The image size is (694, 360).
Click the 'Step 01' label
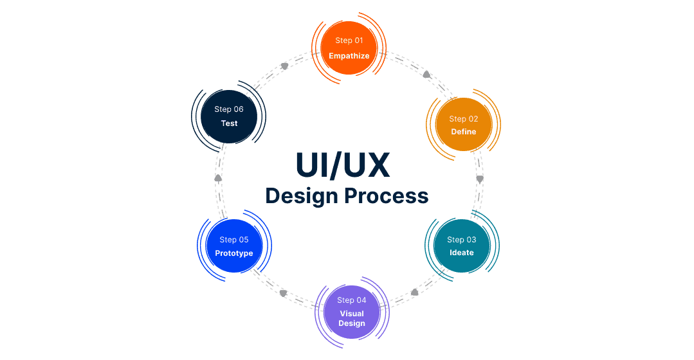click(x=349, y=40)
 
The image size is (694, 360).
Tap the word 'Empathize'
click(x=349, y=56)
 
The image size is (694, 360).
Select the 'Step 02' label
click(x=464, y=119)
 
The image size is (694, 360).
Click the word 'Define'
click(x=464, y=132)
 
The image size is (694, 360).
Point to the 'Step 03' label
click(x=462, y=240)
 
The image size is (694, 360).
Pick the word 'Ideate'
click(x=462, y=253)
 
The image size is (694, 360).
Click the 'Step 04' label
click(x=352, y=300)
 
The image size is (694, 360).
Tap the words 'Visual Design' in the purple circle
click(x=352, y=319)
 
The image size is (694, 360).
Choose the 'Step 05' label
click(x=234, y=240)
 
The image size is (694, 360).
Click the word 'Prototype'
click(x=234, y=253)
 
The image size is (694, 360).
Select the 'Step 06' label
click(x=229, y=109)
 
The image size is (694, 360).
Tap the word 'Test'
click(x=230, y=123)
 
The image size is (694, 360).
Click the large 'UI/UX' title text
click(x=343, y=165)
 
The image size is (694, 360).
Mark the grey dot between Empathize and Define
click(x=426, y=75)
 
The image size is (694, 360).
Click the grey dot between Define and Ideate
click(x=479, y=177)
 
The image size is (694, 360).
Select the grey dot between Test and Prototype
click(x=218, y=177)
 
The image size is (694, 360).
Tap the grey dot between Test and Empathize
click(x=285, y=66)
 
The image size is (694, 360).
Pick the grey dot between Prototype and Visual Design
click(x=283, y=292)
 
